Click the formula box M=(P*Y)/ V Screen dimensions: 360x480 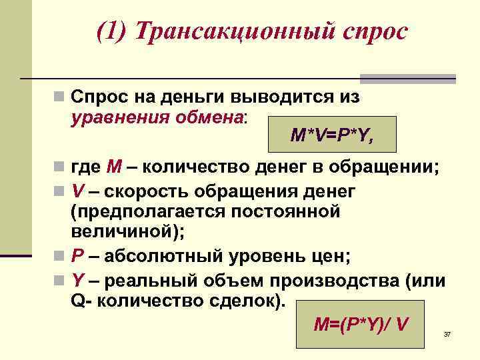(361, 323)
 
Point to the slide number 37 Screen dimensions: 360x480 (448, 333)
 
